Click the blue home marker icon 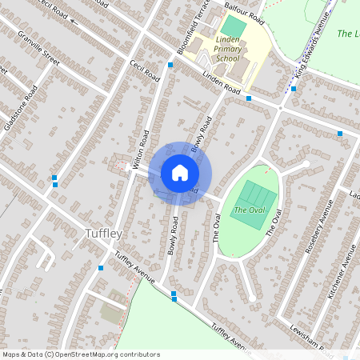[x=180, y=173]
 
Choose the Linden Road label [x=222, y=82]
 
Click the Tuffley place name [x=103, y=233]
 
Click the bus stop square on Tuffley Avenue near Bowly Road [x=174, y=294]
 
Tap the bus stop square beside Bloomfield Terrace [x=170, y=64]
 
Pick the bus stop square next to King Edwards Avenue [x=294, y=88]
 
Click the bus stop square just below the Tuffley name [x=101, y=267]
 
